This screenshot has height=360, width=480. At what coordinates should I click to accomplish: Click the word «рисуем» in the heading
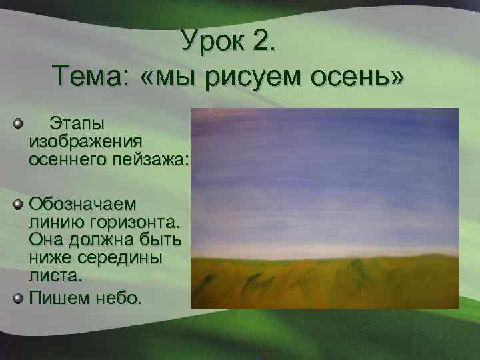pyautogui.click(x=259, y=79)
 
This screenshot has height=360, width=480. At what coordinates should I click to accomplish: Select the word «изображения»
pyautogui.click(x=85, y=142)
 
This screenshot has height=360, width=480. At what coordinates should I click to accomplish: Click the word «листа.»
pyautogui.click(x=51, y=273)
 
